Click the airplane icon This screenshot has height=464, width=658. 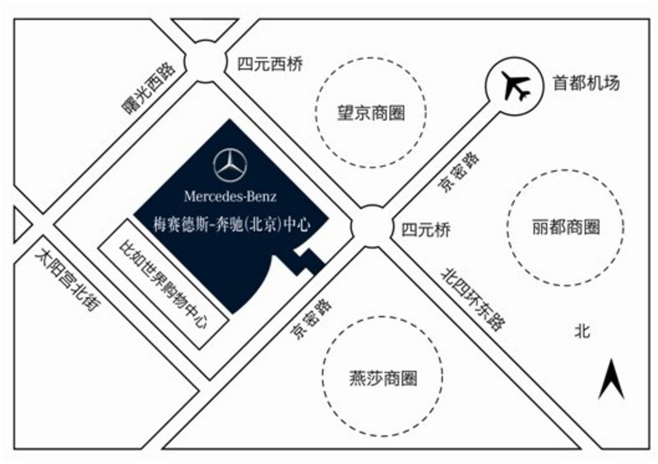tap(516, 86)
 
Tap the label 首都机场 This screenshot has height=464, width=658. tap(586, 83)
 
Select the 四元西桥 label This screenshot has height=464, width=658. tap(270, 64)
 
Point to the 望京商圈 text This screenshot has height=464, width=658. tap(371, 113)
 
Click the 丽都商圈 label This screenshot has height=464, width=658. tap(566, 227)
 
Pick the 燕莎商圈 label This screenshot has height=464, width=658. tap(383, 378)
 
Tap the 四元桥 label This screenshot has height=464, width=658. tap(426, 230)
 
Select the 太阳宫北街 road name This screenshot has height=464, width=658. tap(68, 280)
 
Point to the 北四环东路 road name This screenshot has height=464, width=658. tap(474, 299)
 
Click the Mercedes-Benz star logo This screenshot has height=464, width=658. tap(229, 165)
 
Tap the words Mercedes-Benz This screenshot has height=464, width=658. tap(230, 196)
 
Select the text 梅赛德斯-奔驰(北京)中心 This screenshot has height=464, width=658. tap(232, 225)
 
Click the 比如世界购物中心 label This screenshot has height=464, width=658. tap(164, 284)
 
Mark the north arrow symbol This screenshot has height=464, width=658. tap(611, 378)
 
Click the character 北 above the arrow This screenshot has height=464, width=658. tap(582, 331)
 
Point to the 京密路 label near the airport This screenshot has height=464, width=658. tap(459, 172)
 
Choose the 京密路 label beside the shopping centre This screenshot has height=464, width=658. tap(312, 318)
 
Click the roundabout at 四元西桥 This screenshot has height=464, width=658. tap(205, 62)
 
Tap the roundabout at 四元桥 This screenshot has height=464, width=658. tap(371, 226)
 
